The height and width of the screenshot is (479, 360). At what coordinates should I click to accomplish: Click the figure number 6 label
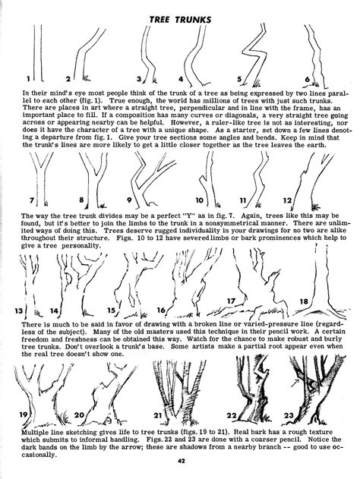[307, 79]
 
